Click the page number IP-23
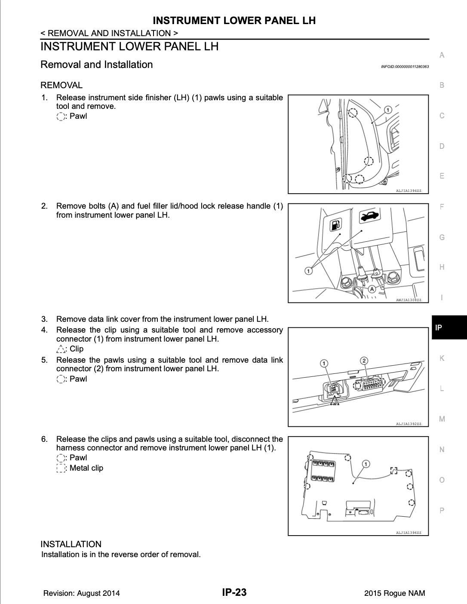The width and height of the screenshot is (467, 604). (x=234, y=592)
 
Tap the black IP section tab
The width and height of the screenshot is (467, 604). (x=449, y=327)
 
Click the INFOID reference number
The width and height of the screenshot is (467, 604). (x=405, y=67)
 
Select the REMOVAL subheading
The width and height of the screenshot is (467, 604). (x=61, y=85)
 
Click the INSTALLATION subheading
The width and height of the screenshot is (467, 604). (x=71, y=544)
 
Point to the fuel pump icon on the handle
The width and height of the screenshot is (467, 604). (x=335, y=224)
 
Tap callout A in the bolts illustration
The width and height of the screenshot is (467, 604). (x=372, y=290)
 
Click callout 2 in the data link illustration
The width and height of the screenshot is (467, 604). (x=364, y=361)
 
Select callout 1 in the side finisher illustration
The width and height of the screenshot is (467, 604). (x=387, y=110)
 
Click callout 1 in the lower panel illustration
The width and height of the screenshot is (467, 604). (x=366, y=464)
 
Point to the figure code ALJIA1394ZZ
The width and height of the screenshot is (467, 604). (x=409, y=191)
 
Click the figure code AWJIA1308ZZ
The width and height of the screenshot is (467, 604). (x=409, y=300)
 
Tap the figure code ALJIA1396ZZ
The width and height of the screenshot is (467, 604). (x=409, y=533)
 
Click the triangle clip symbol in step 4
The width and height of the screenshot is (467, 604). (x=61, y=349)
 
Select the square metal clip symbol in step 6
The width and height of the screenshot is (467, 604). (x=61, y=468)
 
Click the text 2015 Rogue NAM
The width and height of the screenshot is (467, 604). (x=394, y=593)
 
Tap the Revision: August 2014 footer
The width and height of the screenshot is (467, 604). (x=81, y=593)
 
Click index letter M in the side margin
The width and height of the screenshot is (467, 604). (x=442, y=419)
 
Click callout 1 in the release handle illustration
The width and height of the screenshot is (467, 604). (x=308, y=271)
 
